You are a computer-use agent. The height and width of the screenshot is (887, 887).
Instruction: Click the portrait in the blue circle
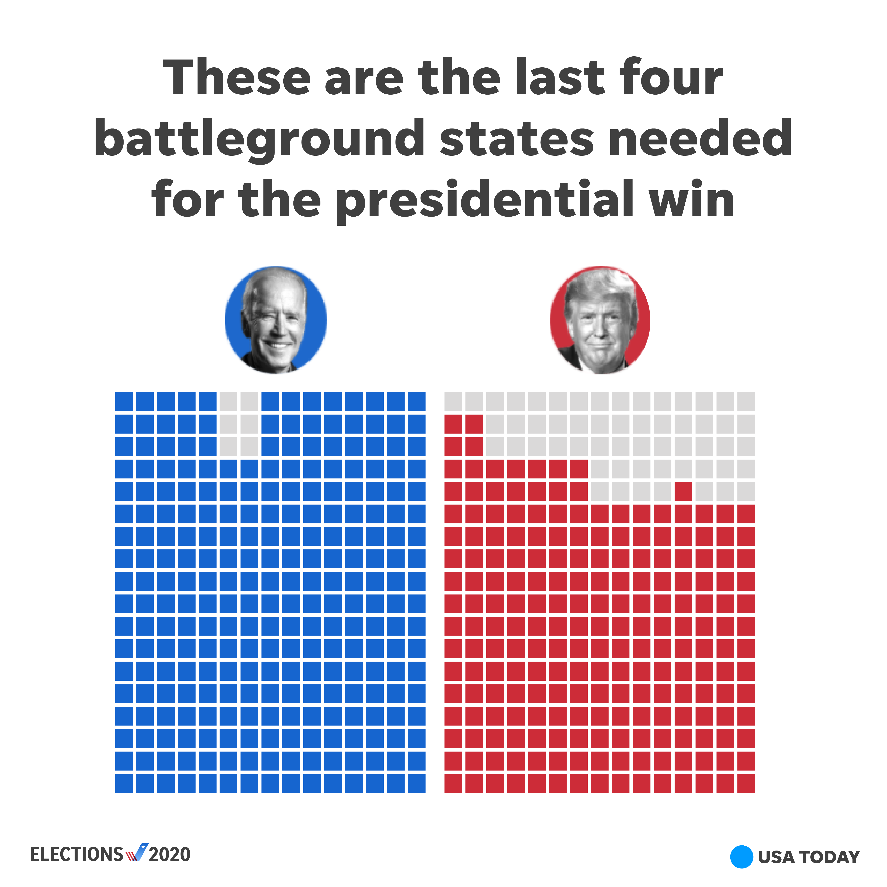pyautogui.click(x=276, y=320)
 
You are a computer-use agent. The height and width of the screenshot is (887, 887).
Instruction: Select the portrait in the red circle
pyautogui.click(x=600, y=320)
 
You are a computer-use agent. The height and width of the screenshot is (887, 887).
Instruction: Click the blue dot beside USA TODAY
pyautogui.click(x=741, y=857)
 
